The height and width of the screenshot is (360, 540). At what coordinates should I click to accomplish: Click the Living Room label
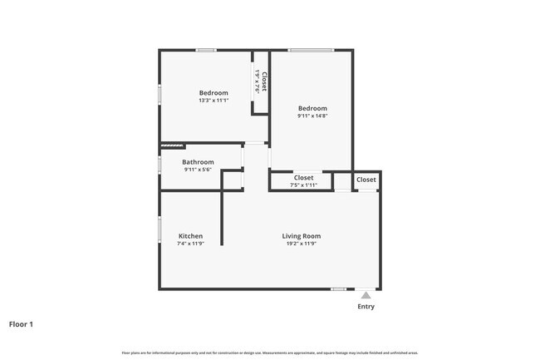(300, 236)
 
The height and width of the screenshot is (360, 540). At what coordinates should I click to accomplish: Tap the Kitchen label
(190, 236)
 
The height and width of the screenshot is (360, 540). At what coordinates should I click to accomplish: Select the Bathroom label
(199, 162)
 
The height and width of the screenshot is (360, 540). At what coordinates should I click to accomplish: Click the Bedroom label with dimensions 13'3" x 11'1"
(214, 92)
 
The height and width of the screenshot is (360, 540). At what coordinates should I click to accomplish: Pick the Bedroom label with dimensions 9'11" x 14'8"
(312, 108)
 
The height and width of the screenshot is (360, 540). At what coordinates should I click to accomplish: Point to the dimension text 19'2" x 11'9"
(300, 244)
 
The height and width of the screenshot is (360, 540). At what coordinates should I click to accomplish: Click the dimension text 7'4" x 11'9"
(190, 244)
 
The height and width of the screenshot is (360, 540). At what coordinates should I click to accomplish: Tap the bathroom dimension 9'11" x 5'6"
(199, 170)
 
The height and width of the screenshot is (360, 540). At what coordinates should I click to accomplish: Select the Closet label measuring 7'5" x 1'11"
(303, 177)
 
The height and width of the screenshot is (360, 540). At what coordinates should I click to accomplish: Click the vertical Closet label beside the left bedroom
(264, 81)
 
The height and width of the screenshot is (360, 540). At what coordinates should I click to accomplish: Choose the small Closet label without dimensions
(366, 180)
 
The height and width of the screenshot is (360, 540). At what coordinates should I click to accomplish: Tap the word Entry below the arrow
(366, 307)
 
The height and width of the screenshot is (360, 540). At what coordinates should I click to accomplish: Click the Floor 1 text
(22, 324)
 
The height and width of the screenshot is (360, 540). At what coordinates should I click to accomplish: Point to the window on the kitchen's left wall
(160, 229)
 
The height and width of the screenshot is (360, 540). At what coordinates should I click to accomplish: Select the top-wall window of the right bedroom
(311, 50)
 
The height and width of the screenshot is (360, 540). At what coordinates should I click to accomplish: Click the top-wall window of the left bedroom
(206, 50)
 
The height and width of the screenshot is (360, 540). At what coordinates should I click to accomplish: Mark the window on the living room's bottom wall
(338, 288)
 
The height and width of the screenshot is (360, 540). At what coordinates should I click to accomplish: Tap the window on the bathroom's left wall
(160, 163)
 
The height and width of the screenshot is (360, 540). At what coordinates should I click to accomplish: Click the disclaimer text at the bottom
(270, 353)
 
